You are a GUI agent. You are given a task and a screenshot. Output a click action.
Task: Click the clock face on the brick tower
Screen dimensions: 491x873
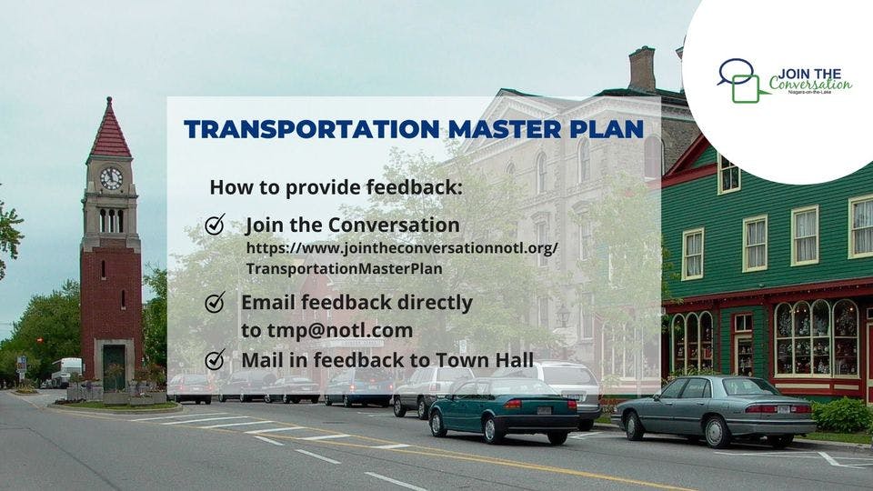(x=111, y=178)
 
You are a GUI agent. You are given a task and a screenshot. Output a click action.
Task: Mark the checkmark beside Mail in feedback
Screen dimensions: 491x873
(x=216, y=359)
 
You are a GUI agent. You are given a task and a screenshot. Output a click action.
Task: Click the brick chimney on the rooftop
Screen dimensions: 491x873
(x=641, y=68)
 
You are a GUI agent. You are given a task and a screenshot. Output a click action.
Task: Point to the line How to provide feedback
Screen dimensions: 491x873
(x=336, y=187)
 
